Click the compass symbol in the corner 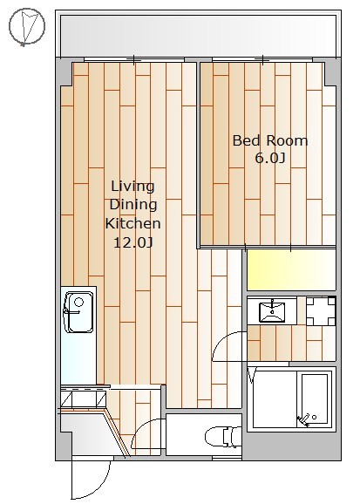pyautogui.click(x=27, y=26)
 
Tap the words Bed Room pyautogui.click(x=270, y=140)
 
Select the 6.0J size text pyautogui.click(x=270, y=158)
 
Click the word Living pyautogui.click(x=132, y=187)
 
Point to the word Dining pyautogui.click(x=133, y=205)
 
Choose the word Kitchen pyautogui.click(x=133, y=223)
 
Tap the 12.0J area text pyautogui.click(x=132, y=242)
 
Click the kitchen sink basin pyautogui.click(x=78, y=312)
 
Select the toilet pyautogui.click(x=223, y=437)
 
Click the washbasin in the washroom pyautogui.click(x=272, y=311)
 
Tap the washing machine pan pyautogui.click(x=321, y=311)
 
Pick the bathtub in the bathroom pyautogui.click(x=315, y=400)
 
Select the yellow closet pyautogui.click(x=291, y=270)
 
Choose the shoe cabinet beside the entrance pyautogui.click(x=84, y=398)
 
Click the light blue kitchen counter pyautogui.click(x=78, y=335)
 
